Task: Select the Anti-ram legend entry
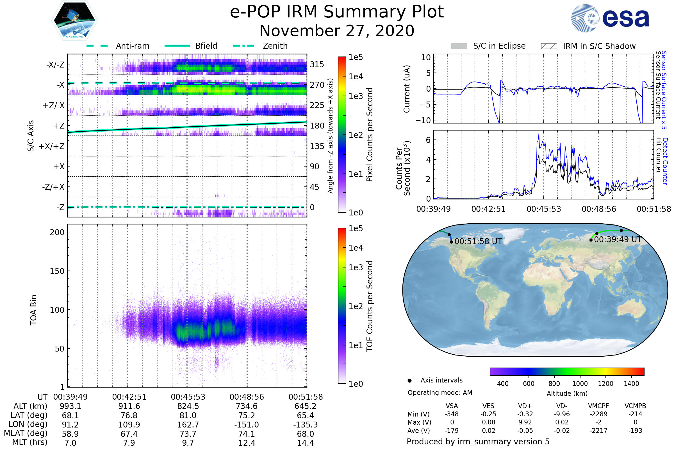(132, 46)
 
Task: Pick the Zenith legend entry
(275, 46)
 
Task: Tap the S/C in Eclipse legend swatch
(459, 46)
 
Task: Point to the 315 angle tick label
(317, 64)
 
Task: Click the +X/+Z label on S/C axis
(52, 146)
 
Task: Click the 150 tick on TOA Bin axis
(57, 271)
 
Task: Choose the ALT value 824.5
(188, 406)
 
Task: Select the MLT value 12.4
(247, 443)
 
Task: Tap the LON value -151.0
(247, 424)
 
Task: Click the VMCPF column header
(598, 406)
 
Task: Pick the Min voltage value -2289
(598, 414)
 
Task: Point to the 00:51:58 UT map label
(478, 241)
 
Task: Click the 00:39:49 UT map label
(618, 239)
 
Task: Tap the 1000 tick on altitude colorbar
(580, 384)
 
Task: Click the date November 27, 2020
(337, 31)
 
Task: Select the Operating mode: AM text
(440, 392)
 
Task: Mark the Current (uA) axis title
(407, 89)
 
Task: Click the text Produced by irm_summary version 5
(478, 441)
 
